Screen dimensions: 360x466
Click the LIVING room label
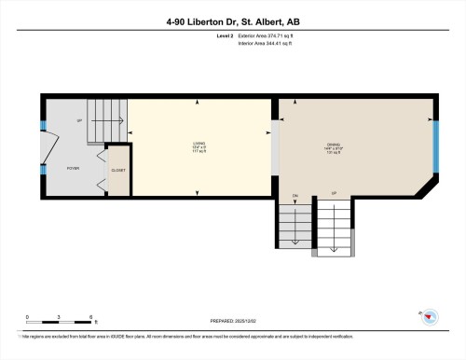pos(199,145)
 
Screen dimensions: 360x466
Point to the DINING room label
pos(334,145)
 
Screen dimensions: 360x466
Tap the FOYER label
pos(72,169)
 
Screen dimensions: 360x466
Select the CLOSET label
pos(118,171)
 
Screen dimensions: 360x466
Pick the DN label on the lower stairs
pos(295,196)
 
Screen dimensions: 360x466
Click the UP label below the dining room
pos(334,196)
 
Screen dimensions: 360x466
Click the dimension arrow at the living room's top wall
pos(198,102)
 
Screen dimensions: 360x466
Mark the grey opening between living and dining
pos(275,145)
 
